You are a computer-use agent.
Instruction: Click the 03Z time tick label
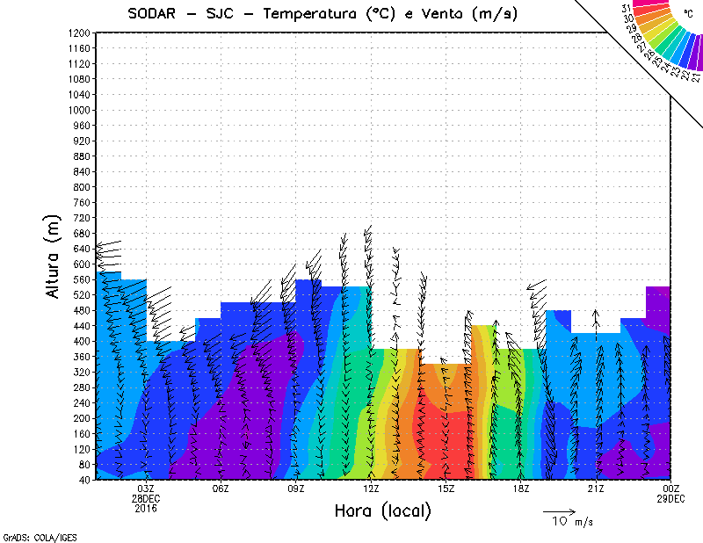[146, 489]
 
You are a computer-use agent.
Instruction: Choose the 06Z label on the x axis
[221, 489]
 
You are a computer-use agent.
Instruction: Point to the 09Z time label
[296, 489]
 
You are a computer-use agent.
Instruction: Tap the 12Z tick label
[371, 489]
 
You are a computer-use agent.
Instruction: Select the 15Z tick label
[446, 489]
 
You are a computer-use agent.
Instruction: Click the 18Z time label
[520, 489]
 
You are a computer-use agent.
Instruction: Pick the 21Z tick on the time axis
[596, 489]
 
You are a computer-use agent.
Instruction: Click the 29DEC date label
[670, 498]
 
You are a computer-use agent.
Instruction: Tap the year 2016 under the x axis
[146, 508]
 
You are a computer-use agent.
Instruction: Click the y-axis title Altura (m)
[54, 256]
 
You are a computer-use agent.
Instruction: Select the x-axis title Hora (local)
[382, 511]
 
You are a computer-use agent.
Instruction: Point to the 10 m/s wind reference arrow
[558, 510]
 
